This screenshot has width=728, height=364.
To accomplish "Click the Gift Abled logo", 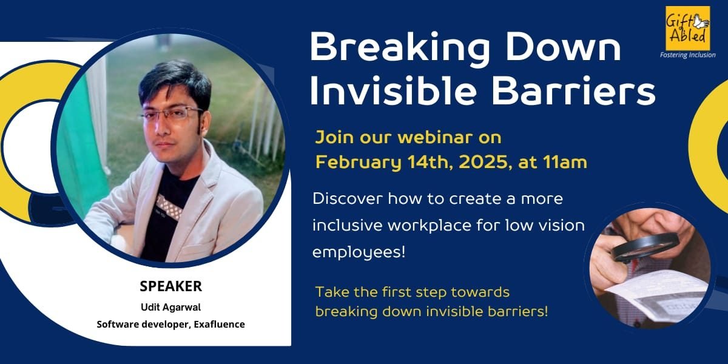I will click(687, 28).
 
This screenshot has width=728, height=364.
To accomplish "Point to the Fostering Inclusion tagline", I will click(687, 55).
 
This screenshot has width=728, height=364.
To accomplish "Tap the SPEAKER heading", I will click(170, 286).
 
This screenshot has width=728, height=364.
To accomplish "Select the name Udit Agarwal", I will click(170, 308).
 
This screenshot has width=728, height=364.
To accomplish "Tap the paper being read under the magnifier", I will click(655, 291).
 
